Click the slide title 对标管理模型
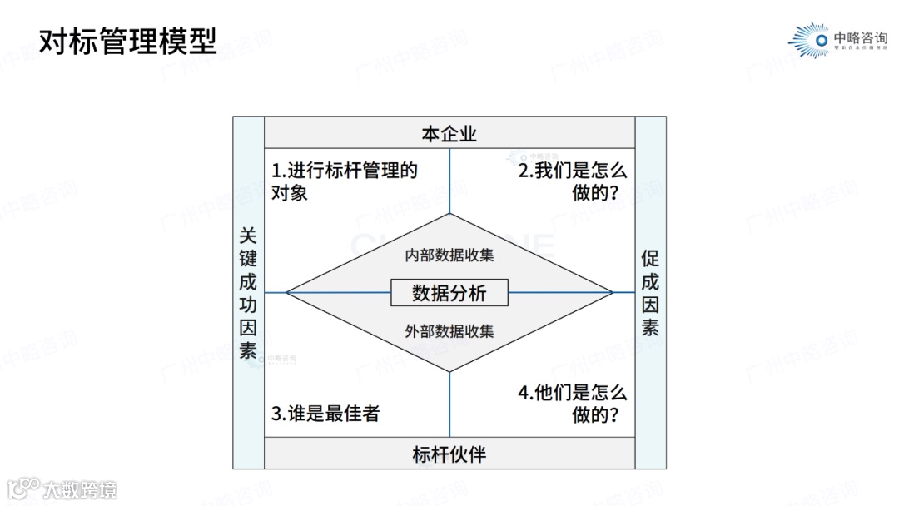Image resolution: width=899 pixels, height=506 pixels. [128, 41]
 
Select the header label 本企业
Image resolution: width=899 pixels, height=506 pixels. [449, 134]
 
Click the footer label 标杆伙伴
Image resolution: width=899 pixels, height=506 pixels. [449, 454]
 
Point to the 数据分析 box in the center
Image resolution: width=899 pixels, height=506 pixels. [449, 293]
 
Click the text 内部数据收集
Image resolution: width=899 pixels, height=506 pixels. [449, 255]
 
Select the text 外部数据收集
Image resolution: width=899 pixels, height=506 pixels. [449, 331]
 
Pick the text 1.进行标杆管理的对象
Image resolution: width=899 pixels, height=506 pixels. [344, 181]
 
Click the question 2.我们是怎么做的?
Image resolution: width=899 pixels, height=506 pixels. [573, 181]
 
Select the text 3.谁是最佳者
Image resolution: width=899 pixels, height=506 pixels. [325, 413]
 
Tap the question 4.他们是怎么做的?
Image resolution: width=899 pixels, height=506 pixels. [573, 403]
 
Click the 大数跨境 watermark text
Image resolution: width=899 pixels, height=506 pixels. [80, 489]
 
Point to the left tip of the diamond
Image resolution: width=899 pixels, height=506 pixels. [287, 292]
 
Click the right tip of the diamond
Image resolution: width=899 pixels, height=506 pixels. [612, 292]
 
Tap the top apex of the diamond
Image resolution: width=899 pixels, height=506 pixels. [449, 215]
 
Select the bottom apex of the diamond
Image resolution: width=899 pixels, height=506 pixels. [449, 371]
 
